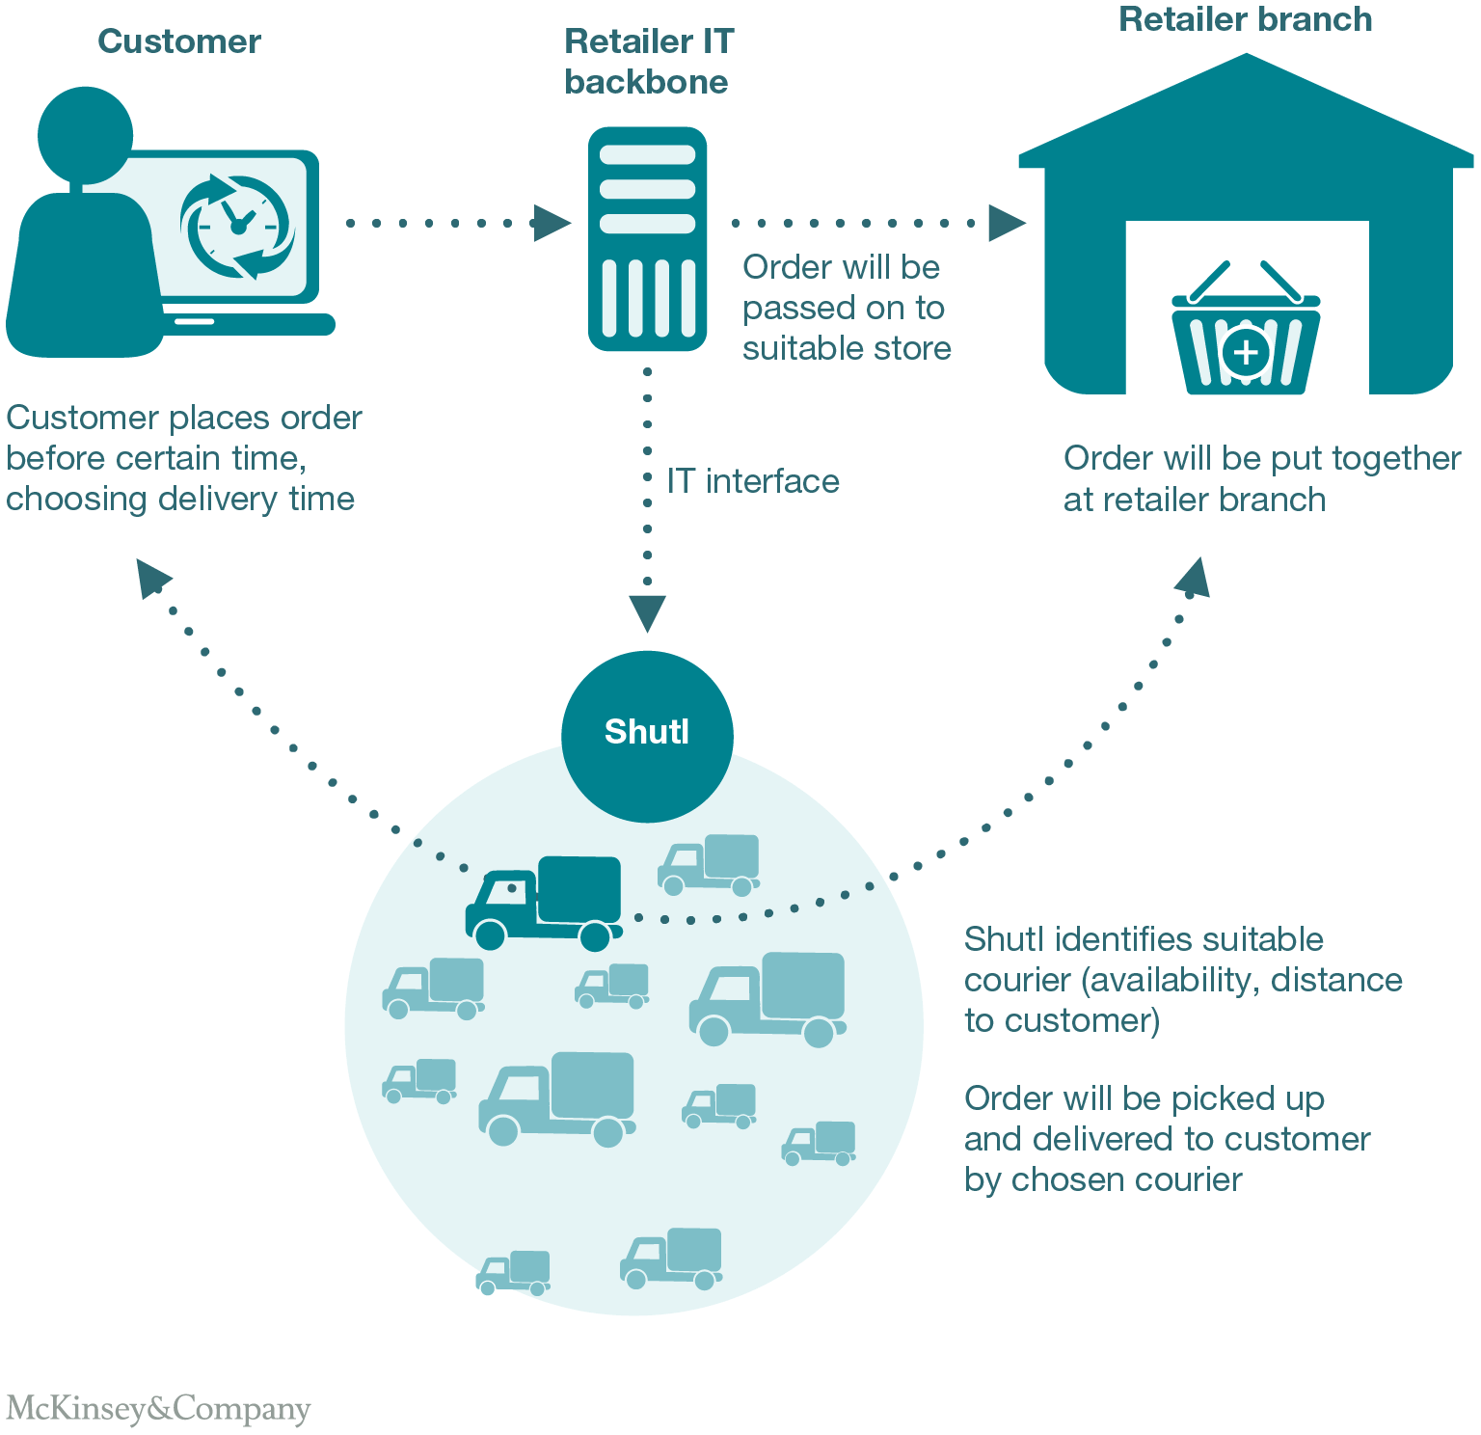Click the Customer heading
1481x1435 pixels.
click(179, 41)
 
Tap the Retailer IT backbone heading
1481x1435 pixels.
click(648, 62)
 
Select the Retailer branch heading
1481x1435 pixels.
click(1245, 19)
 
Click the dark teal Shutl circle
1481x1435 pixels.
click(647, 736)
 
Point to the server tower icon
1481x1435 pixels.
click(647, 238)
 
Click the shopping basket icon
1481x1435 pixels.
click(1245, 334)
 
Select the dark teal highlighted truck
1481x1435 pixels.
click(545, 902)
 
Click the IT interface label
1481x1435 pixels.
click(753, 481)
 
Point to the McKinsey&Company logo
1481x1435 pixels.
click(158, 1409)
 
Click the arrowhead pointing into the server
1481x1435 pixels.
click(552, 223)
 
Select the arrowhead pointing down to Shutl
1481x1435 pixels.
click(647, 613)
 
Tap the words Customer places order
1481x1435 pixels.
click(184, 418)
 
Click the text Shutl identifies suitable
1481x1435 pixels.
click(1144, 939)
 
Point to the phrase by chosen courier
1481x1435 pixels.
click(1103, 1179)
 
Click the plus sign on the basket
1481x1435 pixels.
click(1246, 352)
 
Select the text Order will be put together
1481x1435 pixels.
click(1262, 458)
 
